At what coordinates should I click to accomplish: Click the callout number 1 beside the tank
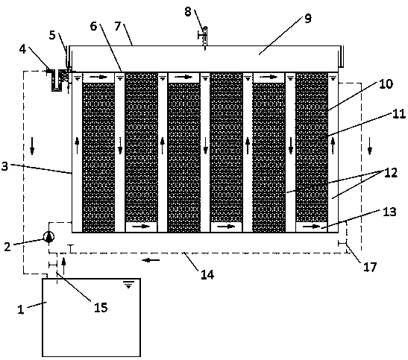click(x=21, y=309)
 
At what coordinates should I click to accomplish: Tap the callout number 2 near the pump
click(x=7, y=247)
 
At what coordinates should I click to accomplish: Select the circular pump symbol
click(x=49, y=237)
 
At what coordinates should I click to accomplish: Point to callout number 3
click(x=4, y=166)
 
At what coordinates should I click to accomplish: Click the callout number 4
click(x=23, y=49)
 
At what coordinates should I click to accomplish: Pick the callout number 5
click(x=52, y=35)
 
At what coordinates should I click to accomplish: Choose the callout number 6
click(x=93, y=26)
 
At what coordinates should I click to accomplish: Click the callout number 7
click(x=118, y=26)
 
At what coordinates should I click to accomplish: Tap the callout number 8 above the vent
click(x=188, y=12)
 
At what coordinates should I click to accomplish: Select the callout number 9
click(x=308, y=19)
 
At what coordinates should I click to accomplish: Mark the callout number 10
click(x=386, y=84)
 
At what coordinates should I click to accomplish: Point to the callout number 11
click(x=399, y=114)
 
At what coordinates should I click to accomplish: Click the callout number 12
click(x=391, y=173)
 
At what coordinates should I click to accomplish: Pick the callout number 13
click(x=389, y=212)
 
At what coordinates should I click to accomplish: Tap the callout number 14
click(x=207, y=275)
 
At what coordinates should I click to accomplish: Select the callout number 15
click(x=101, y=308)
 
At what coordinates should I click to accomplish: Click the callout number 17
click(x=370, y=267)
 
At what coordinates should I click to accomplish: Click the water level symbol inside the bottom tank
click(x=128, y=285)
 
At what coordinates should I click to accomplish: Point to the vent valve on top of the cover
click(x=204, y=38)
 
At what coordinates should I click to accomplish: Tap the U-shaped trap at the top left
click(x=57, y=80)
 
